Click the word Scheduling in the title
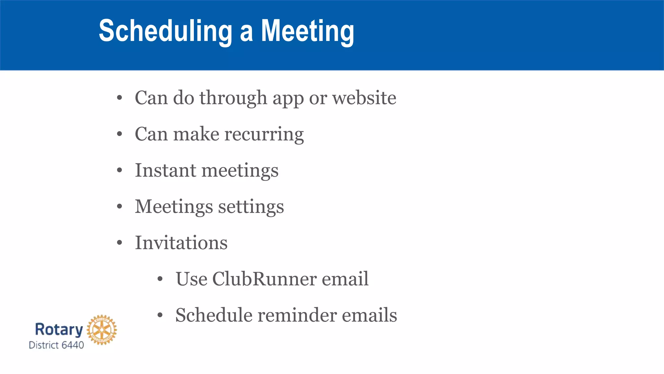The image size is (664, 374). point(165,31)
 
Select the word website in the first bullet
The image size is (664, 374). point(364,98)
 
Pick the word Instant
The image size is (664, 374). point(165,170)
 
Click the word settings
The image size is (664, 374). point(251,207)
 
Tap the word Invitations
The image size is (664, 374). point(181,243)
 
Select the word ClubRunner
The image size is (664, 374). point(264,279)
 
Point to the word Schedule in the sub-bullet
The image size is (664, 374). point(214,315)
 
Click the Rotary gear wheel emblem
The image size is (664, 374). point(102,330)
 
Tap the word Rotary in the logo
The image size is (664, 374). point(59,329)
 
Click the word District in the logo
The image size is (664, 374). point(44,345)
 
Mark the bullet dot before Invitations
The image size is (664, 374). point(120,243)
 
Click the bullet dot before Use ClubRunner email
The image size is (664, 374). point(160,279)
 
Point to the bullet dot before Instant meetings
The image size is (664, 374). point(120,170)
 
